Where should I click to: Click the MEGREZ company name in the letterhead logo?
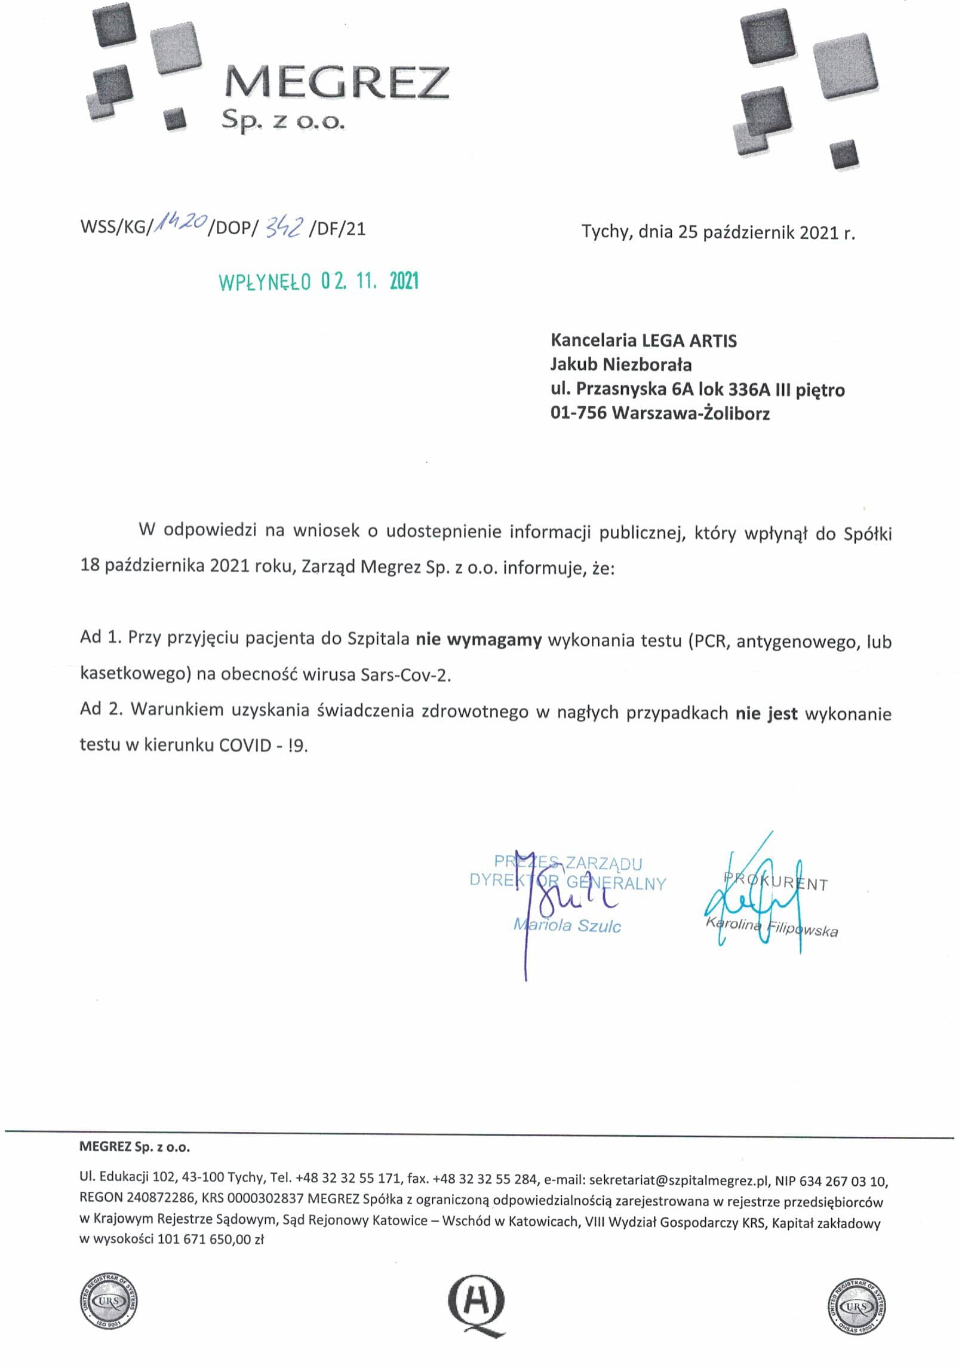337,83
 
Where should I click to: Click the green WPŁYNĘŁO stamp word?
265,282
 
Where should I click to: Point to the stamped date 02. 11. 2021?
370,281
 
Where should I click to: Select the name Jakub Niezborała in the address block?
621,364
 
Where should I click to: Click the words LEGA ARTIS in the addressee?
689,341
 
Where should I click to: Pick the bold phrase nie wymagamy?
478,640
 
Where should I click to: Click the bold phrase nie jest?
766,713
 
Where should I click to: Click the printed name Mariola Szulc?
567,927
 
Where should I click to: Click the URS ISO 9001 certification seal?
108,1302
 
